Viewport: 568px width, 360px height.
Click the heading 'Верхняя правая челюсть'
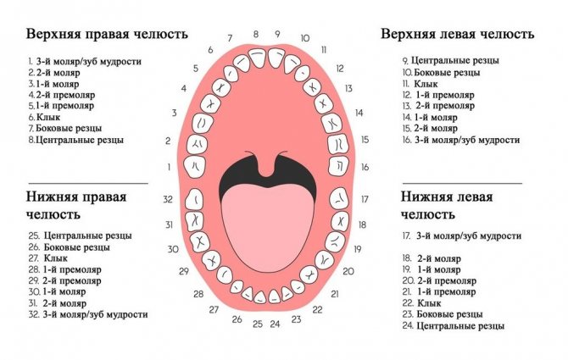pyautogui.click(x=107, y=34)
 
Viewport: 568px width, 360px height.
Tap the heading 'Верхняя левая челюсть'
pyautogui.click(x=457, y=34)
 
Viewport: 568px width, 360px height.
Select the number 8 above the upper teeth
pyautogui.click(x=256, y=34)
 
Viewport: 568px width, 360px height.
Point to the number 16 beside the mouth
pyautogui.click(x=365, y=167)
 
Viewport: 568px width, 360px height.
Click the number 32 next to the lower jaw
pyautogui.click(x=168, y=199)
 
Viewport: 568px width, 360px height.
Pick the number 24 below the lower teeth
pyautogui.click(x=275, y=324)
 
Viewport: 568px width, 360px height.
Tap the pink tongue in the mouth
pyautogui.click(x=266, y=228)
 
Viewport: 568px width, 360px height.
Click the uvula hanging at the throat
pyautogui.click(x=266, y=166)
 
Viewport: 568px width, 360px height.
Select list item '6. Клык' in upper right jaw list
pyautogui.click(x=44, y=117)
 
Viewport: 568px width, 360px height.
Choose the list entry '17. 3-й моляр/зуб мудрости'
pyautogui.click(x=462, y=235)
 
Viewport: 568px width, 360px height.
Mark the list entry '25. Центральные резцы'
pyautogui.click(x=80, y=235)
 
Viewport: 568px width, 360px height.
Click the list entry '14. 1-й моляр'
pyautogui.click(x=430, y=117)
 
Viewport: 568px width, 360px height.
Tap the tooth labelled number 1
pyautogui.click(x=195, y=167)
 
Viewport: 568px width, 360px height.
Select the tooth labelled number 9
pyautogui.click(x=276, y=58)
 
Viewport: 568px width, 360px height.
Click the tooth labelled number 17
pyautogui.click(x=339, y=198)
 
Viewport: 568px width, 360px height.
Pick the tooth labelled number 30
pyautogui.click(x=200, y=241)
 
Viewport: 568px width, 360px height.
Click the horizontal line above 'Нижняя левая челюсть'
pyautogui.click(x=462, y=184)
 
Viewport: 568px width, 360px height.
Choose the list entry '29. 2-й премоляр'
pyautogui.click(x=64, y=280)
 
